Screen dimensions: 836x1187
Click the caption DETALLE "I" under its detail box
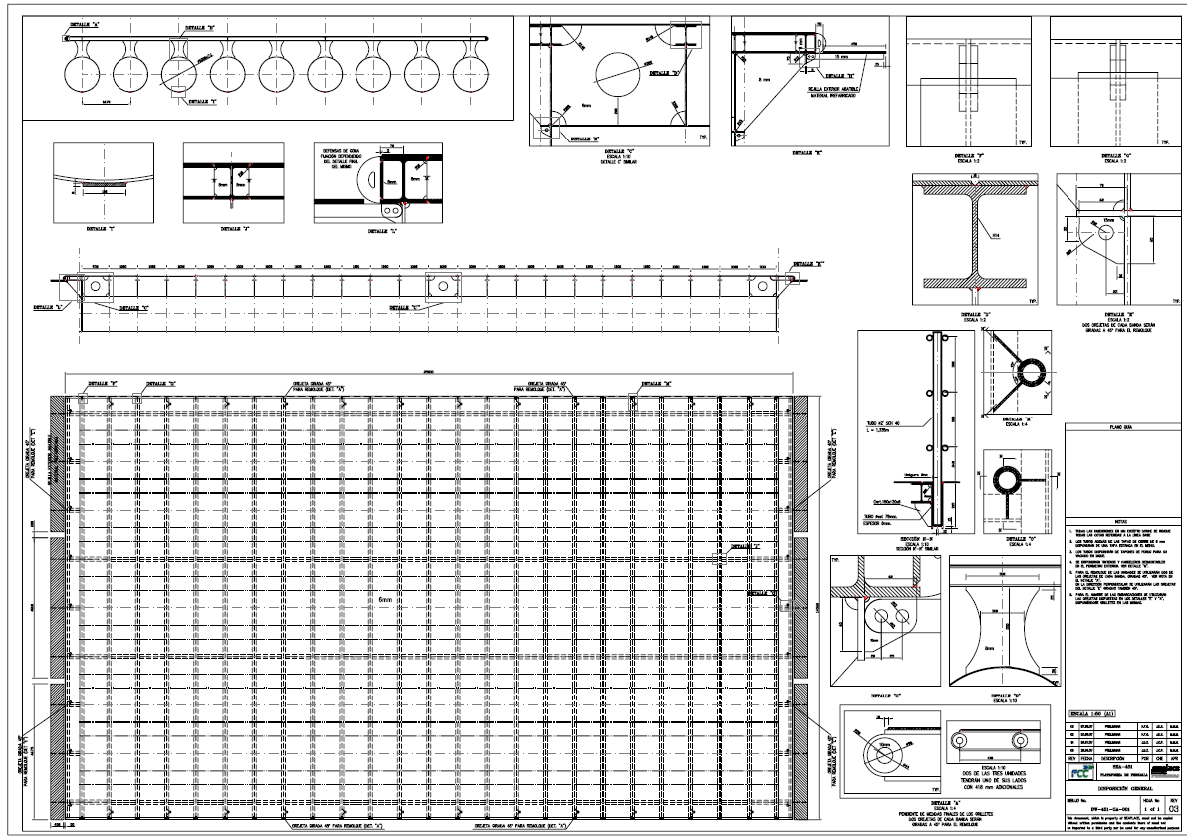tap(103, 228)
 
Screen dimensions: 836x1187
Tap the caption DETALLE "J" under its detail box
tap(232, 228)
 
